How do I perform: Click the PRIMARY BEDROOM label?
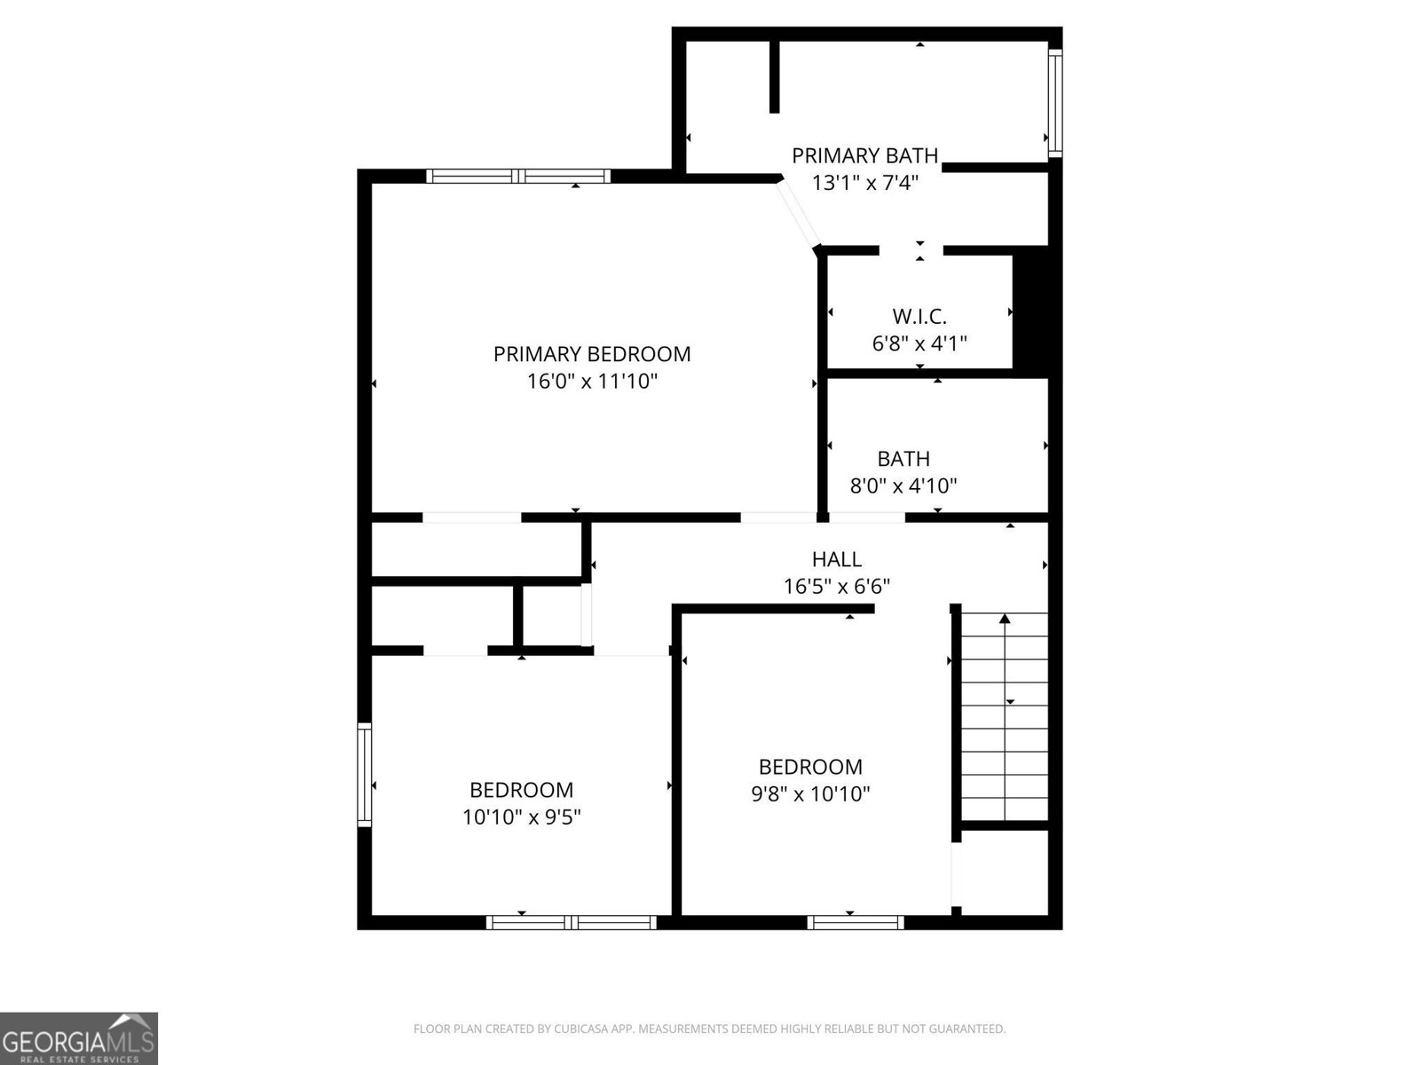[x=592, y=354]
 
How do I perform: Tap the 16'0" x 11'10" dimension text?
[x=592, y=382]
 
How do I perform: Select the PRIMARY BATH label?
[x=864, y=156]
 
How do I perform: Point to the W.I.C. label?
[x=919, y=316]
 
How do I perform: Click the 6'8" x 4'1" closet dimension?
[x=919, y=343]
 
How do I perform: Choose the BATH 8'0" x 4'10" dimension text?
[x=903, y=486]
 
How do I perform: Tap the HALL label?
[x=836, y=559]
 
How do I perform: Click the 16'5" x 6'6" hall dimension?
[x=836, y=587]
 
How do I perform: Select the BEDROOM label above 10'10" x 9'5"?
[x=521, y=790]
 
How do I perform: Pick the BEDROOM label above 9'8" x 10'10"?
[x=810, y=767]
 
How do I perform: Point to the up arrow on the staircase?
[x=1005, y=619]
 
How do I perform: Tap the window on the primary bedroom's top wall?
[x=518, y=176]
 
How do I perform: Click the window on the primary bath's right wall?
[x=1054, y=103]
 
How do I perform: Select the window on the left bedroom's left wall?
[x=364, y=775]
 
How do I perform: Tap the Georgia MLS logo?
[x=79, y=1037]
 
